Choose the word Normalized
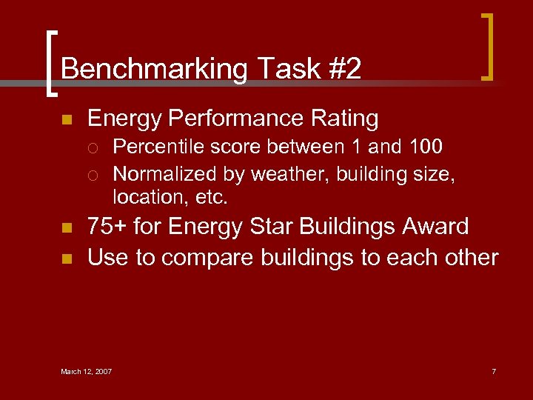point(158,174)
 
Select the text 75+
point(107,226)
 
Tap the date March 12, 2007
point(86,371)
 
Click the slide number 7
point(493,371)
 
